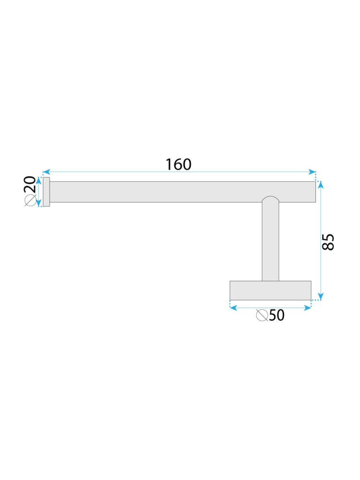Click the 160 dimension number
[x=178, y=164]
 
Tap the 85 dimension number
[x=328, y=242]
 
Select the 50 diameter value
[x=277, y=315]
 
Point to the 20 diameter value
[x=30, y=185]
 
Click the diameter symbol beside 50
[x=262, y=315]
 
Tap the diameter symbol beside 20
[x=30, y=200]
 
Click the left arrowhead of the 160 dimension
[x=46, y=172]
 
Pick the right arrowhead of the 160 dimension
[x=312, y=172]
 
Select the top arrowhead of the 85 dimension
[x=321, y=185]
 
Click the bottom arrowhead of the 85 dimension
[x=321, y=296]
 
